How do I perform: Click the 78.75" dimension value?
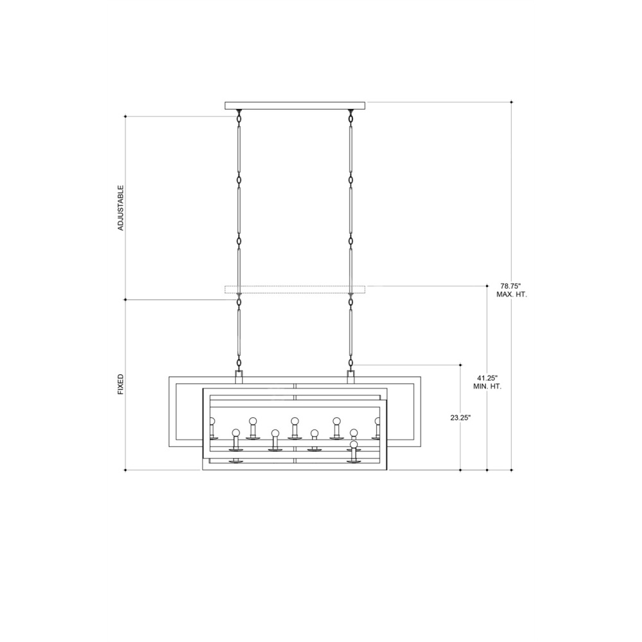tap(511, 286)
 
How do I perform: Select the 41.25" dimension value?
tap(488, 378)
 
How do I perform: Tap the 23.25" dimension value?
tap(460, 418)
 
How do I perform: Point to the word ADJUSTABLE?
tap(121, 208)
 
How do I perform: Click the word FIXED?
tap(121, 384)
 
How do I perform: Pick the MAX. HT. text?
tap(512, 295)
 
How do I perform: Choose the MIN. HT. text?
tap(487, 386)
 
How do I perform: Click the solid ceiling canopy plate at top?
tap(295, 106)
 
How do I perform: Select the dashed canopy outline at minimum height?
tap(295, 290)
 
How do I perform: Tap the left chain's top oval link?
tap(239, 118)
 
